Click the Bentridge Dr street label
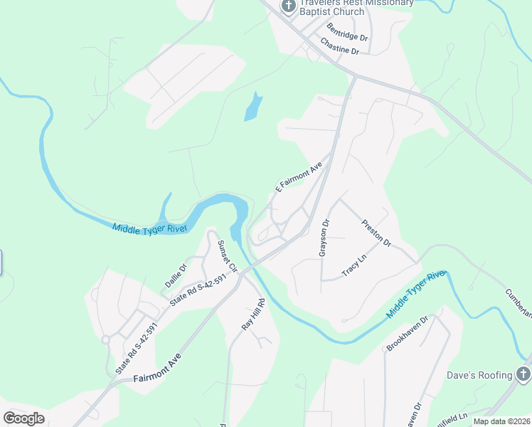(347, 32)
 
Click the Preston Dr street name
(377, 232)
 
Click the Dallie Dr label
(176, 275)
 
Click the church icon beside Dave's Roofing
(523, 374)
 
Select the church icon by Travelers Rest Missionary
(288, 7)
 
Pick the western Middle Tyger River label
(149, 228)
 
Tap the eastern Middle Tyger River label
(415, 295)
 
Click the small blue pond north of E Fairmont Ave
(253, 107)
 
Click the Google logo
(23, 418)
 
